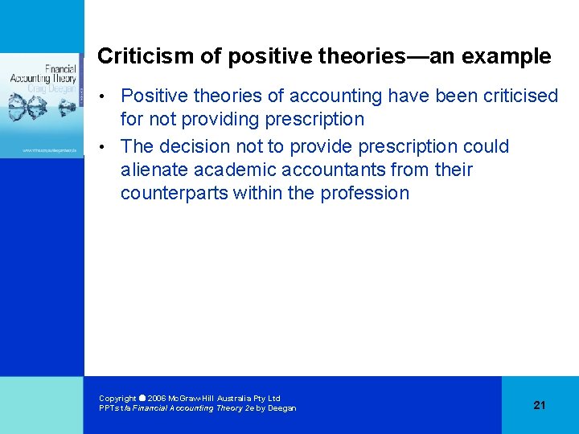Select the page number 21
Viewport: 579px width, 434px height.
tap(539, 405)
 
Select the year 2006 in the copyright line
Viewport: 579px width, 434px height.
tap(157, 398)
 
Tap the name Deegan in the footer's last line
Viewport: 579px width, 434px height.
tap(281, 408)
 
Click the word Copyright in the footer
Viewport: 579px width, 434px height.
tap(117, 398)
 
